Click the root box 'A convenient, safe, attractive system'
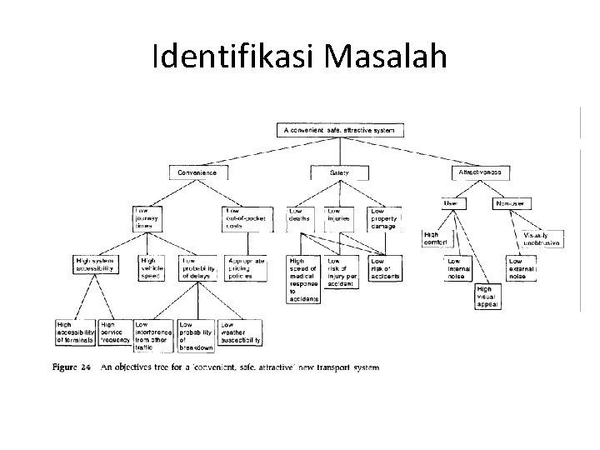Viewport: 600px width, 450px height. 341,129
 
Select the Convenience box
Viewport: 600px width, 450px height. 197,172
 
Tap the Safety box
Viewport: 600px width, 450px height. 339,172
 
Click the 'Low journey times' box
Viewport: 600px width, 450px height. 152,218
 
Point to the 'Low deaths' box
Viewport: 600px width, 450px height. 302,218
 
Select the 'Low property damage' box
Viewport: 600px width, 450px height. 384,218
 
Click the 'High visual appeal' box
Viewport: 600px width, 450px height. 487,297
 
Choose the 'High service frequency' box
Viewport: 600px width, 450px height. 115,332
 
